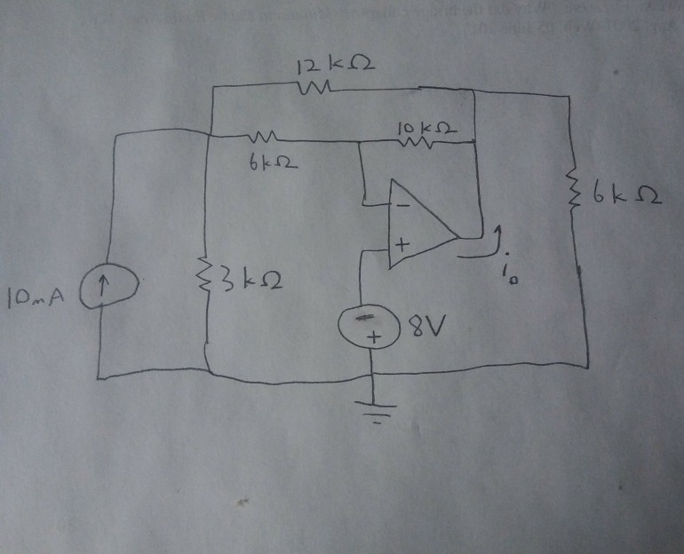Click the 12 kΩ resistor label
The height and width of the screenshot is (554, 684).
pyautogui.click(x=330, y=66)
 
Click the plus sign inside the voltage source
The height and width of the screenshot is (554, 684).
pyautogui.click(x=374, y=337)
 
